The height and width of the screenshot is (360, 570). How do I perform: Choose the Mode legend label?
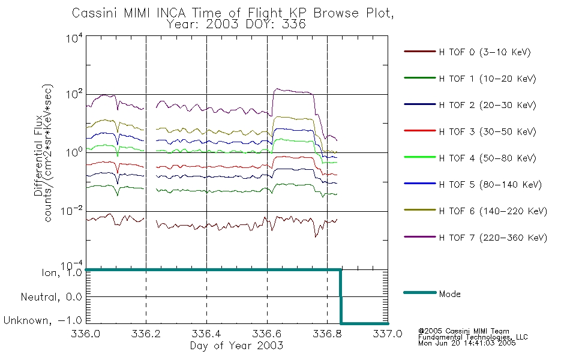pyautogui.click(x=449, y=294)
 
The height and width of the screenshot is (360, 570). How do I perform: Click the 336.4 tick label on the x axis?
pyautogui.click(x=206, y=334)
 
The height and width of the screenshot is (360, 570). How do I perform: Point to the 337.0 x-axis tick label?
pyautogui.click(x=388, y=334)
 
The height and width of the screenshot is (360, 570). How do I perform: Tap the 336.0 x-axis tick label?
pyautogui.click(x=86, y=334)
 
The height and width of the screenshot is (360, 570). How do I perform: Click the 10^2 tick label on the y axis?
pyautogui.click(x=74, y=94)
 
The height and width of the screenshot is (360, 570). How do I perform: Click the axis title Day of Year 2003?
pyautogui.click(x=236, y=346)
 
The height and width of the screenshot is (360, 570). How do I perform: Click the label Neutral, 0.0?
pyautogui.click(x=51, y=297)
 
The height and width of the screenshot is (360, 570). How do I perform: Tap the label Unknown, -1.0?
pyautogui.click(x=43, y=320)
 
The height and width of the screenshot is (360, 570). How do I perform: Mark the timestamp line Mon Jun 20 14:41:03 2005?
pyautogui.click(x=467, y=343)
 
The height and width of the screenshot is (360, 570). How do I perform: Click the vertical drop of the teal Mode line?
pyautogui.click(x=341, y=296)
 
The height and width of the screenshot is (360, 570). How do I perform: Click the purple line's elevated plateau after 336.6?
pyautogui.click(x=293, y=91)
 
